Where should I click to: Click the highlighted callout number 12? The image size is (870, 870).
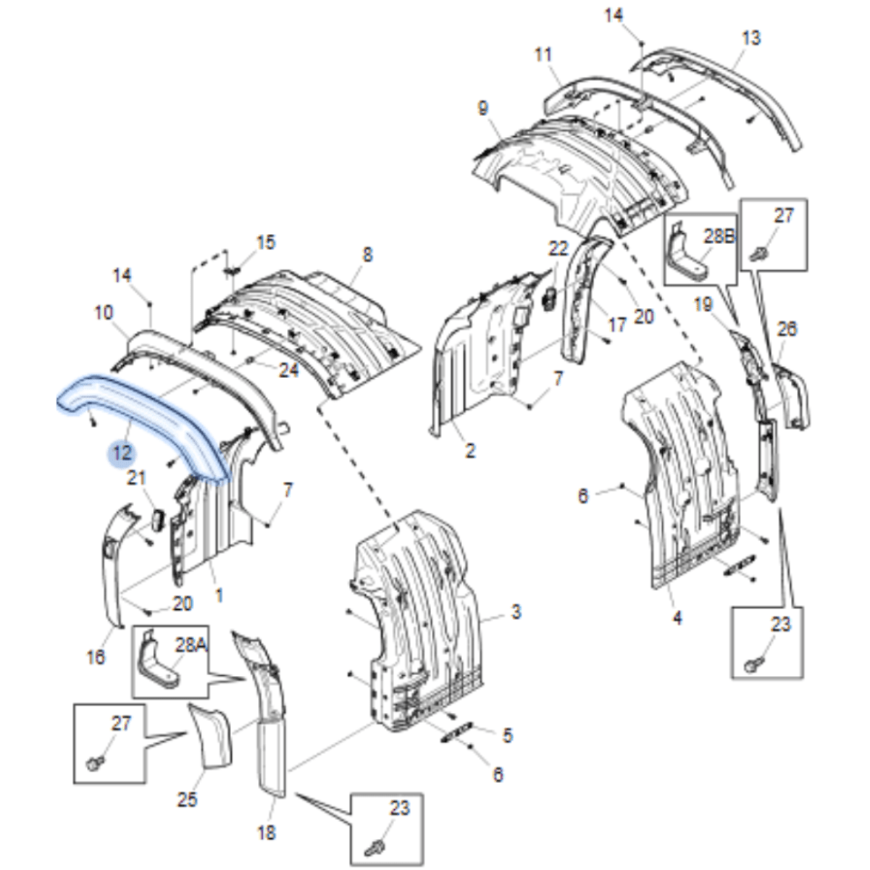coord(122,453)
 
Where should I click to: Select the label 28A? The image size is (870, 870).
coord(191,645)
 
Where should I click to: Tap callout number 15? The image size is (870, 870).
coord(265,243)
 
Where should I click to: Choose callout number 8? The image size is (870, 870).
coord(367,255)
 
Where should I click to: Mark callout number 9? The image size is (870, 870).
coord(482,109)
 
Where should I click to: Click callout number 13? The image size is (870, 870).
coord(750,38)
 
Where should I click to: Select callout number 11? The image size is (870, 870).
coord(543,54)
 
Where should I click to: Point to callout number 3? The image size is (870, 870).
coord(516,612)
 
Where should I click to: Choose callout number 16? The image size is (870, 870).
coord(96,657)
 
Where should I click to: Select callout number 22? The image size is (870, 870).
coord(559,248)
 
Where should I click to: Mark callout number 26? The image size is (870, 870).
coord(787,329)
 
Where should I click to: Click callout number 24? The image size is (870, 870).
coord(289,370)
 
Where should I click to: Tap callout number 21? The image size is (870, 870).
coord(136,478)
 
